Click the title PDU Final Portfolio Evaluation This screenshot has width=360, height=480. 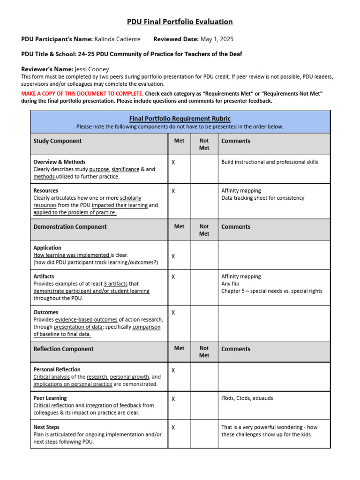pyautogui.click(x=180, y=22)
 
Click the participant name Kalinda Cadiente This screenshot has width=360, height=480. pyautogui.click(x=117, y=39)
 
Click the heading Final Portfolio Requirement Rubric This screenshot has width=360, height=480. pyautogui.click(x=180, y=119)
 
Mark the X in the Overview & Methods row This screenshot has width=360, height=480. pyautogui.click(x=173, y=162)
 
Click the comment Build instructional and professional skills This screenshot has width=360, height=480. pyautogui.click(x=270, y=162)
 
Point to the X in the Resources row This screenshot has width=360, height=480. pyautogui.click(x=173, y=191)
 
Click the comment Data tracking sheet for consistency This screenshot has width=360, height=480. pyautogui.click(x=262, y=198)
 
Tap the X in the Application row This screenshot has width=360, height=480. pyautogui.click(x=173, y=256)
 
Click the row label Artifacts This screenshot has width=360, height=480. pyautogui.click(x=44, y=277)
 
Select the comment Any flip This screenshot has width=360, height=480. pyautogui.click(x=230, y=284)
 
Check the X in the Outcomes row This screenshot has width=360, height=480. pyautogui.click(x=173, y=312)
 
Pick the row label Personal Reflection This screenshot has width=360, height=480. pyautogui.click(x=57, y=369)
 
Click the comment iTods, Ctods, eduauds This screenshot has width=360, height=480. pyautogui.click(x=247, y=398)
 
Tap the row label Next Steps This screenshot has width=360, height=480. pyautogui.click(x=46, y=427)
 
